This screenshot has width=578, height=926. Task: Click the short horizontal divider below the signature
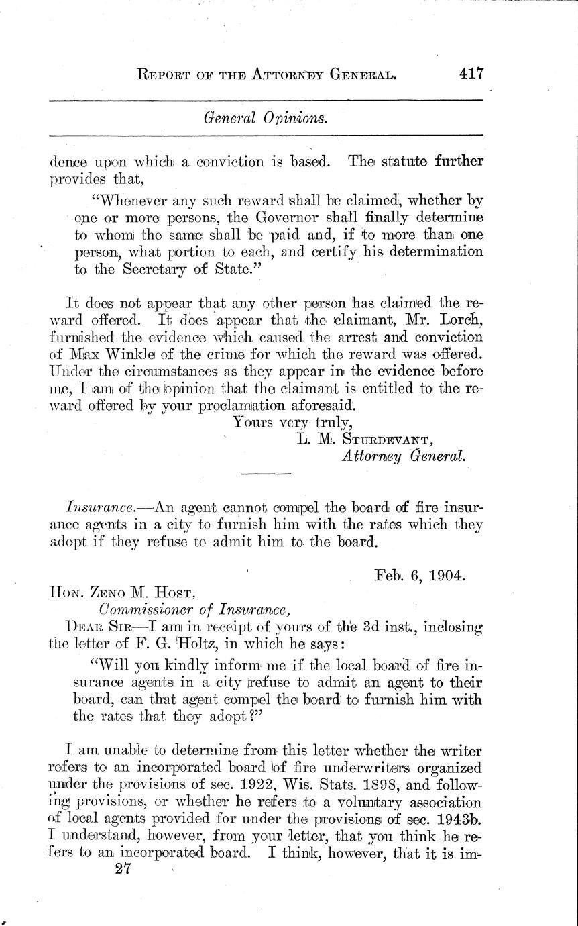pyautogui.click(x=266, y=474)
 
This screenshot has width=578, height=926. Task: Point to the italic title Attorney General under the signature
pyautogui.click(x=403, y=456)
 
